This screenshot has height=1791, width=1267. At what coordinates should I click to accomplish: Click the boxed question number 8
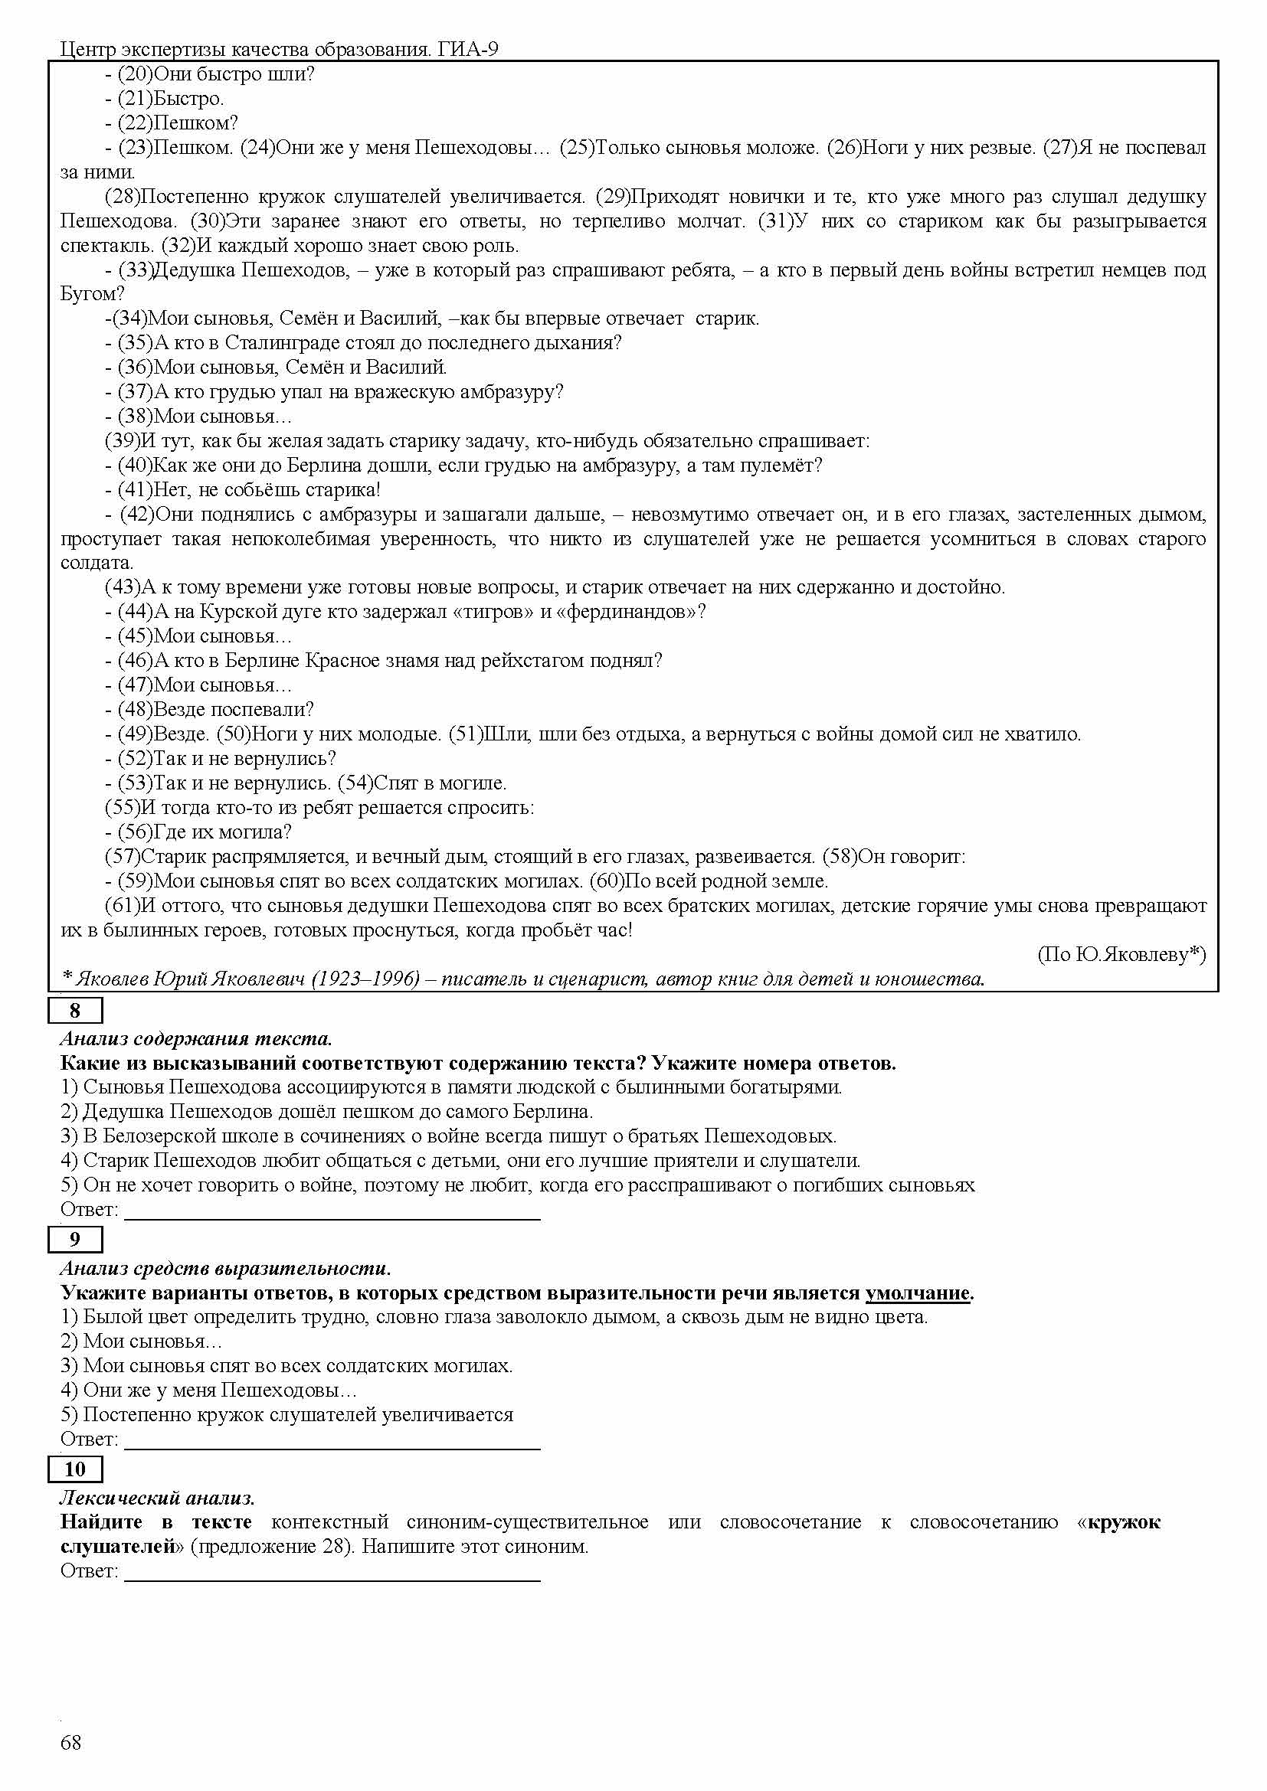75,1011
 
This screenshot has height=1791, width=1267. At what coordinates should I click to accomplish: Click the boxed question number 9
75,1239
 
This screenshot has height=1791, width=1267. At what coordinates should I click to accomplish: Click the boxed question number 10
75,1469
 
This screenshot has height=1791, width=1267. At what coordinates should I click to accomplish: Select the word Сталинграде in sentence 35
275,342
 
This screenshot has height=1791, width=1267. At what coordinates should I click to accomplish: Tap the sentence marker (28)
123,197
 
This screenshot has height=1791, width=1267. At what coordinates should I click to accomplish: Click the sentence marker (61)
123,906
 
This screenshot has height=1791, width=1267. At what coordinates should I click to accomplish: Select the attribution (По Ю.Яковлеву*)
1121,954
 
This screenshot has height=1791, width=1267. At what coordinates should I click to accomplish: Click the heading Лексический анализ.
158,1498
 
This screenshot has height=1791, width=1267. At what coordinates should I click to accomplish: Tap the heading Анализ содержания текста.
196,1038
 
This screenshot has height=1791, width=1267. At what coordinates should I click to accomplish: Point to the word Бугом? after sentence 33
92,294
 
